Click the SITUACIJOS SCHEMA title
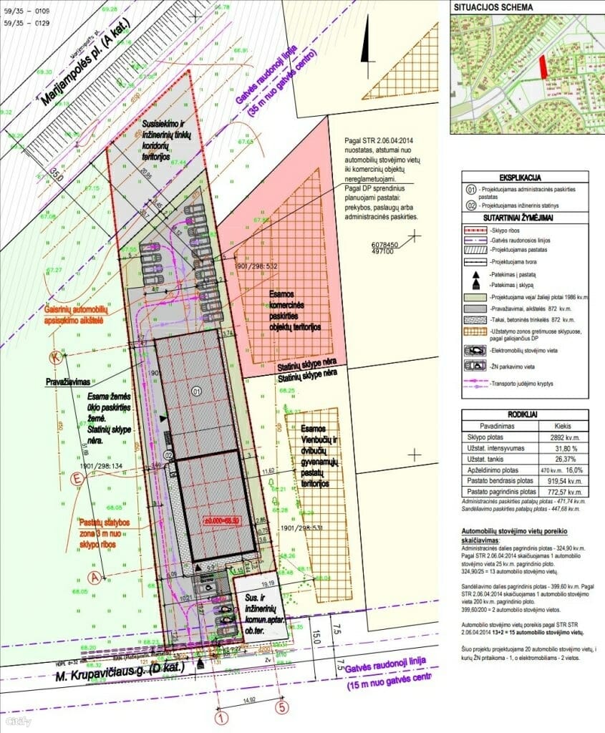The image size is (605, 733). coord(492,6)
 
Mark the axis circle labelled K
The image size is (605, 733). coord(54,356)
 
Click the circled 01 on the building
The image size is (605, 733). coord(197,391)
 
